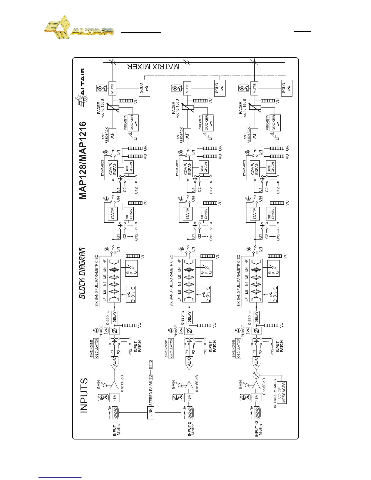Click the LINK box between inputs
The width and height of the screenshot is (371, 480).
[150, 413]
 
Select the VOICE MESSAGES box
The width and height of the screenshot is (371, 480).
[282, 392]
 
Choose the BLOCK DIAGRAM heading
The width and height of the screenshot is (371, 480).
[82, 273]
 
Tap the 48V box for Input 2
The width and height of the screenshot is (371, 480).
[189, 397]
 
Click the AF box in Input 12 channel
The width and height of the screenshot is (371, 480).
[254, 136]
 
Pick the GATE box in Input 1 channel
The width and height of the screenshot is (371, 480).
[113, 213]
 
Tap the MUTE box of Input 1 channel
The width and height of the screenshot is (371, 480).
[112, 88]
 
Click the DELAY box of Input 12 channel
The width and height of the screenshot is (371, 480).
[256, 317]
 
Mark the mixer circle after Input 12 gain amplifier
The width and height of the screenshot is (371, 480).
[256, 375]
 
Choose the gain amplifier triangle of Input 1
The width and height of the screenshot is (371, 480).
[114, 385]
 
